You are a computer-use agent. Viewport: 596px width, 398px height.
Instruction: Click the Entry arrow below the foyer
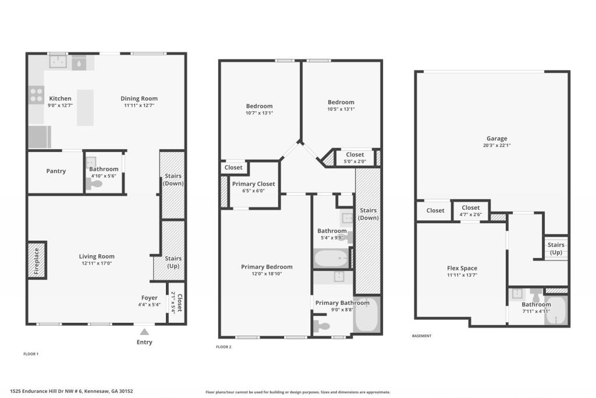pyautogui.click(x=144, y=332)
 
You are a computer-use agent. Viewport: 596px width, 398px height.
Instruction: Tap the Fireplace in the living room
pyautogui.click(x=36, y=260)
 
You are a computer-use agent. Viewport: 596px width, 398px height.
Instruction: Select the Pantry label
pyautogui.click(x=56, y=171)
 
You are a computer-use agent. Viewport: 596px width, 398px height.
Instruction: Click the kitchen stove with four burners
pyautogui.click(x=36, y=94)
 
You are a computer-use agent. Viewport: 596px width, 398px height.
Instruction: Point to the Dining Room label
pyautogui.click(x=139, y=98)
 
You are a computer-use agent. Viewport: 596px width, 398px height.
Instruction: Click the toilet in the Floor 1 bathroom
pyautogui.click(x=94, y=184)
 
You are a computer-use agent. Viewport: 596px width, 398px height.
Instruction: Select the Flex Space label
pyautogui.click(x=462, y=268)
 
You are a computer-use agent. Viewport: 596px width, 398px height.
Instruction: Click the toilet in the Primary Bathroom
pyautogui.click(x=321, y=326)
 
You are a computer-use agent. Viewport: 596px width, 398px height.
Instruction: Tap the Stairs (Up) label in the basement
pyautogui.click(x=556, y=249)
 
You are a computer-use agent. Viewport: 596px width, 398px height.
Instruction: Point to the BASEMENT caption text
pyautogui.click(x=421, y=336)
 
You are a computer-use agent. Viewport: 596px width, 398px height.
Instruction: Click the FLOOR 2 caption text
pyautogui.click(x=223, y=347)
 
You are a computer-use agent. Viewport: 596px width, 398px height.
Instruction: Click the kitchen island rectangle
pyautogui.click(x=85, y=107)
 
